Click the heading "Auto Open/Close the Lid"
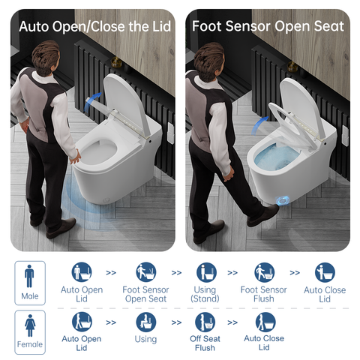click(x=94, y=27)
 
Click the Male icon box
click(x=29, y=282)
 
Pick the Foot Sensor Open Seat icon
click(x=145, y=272)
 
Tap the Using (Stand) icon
click(x=205, y=272)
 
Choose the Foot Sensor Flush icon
click(x=264, y=272)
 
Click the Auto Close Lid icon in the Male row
click(x=325, y=272)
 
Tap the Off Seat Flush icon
click(x=205, y=322)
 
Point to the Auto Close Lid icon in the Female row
click(x=264, y=322)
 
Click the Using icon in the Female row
click(x=145, y=322)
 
